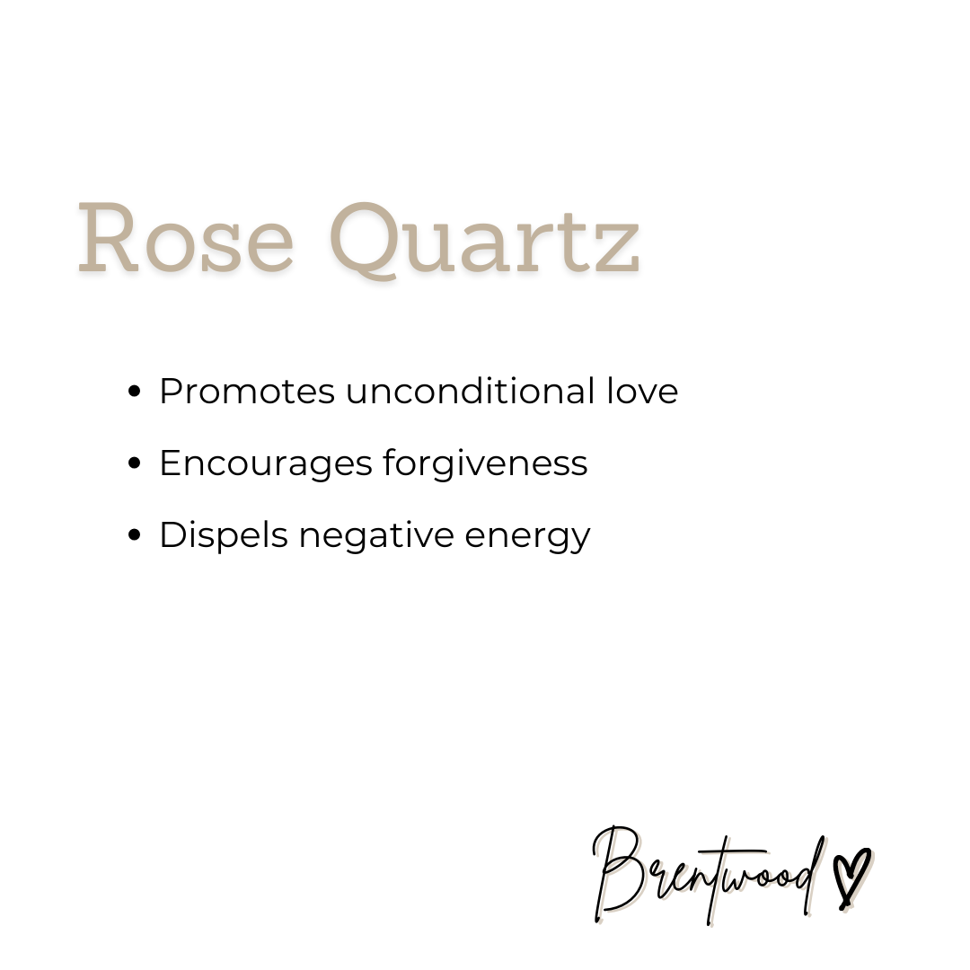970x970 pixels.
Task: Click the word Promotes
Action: (247, 392)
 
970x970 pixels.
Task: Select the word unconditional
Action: (469, 392)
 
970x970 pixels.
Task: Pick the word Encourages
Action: (265, 463)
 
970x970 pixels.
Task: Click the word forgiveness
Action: (485, 463)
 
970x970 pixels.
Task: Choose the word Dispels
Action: (224, 535)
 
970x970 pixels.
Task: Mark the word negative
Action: (378, 535)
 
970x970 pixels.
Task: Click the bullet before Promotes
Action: (136, 392)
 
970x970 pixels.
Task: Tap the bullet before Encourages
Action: (136, 463)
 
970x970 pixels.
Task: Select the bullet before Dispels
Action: (136, 535)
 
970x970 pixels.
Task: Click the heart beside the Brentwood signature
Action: (851, 876)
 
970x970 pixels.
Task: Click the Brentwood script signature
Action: (710, 876)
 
